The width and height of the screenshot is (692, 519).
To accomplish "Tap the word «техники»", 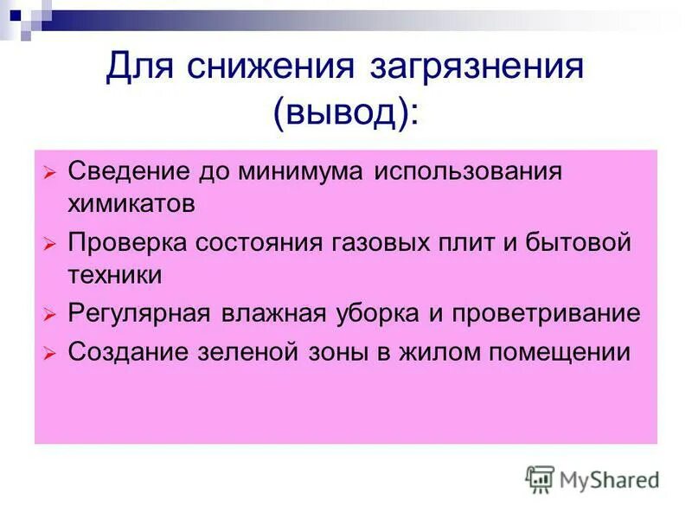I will [x=115, y=275].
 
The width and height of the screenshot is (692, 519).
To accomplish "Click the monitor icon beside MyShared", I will [x=541, y=478].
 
